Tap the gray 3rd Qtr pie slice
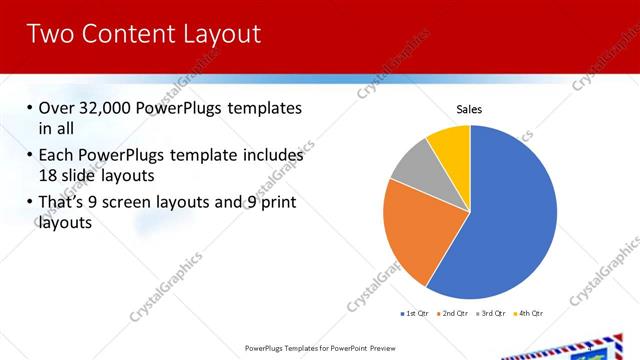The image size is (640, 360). tap(413, 171)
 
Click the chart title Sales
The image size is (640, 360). tap(470, 108)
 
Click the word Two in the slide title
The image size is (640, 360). tap(49, 34)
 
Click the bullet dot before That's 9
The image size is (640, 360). tap(27, 204)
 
